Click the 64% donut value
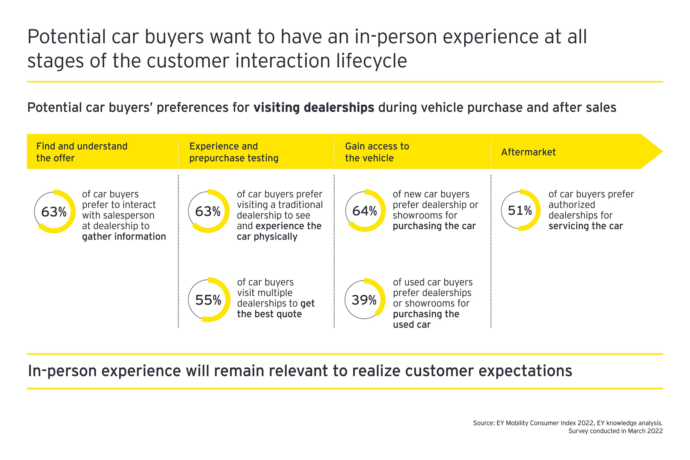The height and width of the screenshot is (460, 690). (x=364, y=211)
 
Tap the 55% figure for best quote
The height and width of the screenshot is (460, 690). (x=208, y=300)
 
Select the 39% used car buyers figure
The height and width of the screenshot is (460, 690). (x=364, y=300)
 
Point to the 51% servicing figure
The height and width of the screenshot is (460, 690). (x=520, y=210)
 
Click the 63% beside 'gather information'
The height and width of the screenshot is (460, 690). (x=54, y=212)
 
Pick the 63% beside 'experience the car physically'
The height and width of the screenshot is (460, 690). (x=208, y=211)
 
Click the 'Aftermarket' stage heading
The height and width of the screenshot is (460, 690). (x=528, y=152)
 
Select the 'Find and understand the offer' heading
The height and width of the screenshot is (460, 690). (x=82, y=152)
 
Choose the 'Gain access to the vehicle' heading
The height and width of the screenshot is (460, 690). (x=377, y=152)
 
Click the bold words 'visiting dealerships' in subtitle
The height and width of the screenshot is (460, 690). (x=314, y=107)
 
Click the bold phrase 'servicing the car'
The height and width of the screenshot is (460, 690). (x=586, y=226)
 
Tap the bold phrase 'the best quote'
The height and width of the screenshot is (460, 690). (x=269, y=314)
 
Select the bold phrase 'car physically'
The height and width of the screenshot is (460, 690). (x=267, y=236)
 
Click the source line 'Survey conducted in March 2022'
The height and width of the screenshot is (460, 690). (x=615, y=431)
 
